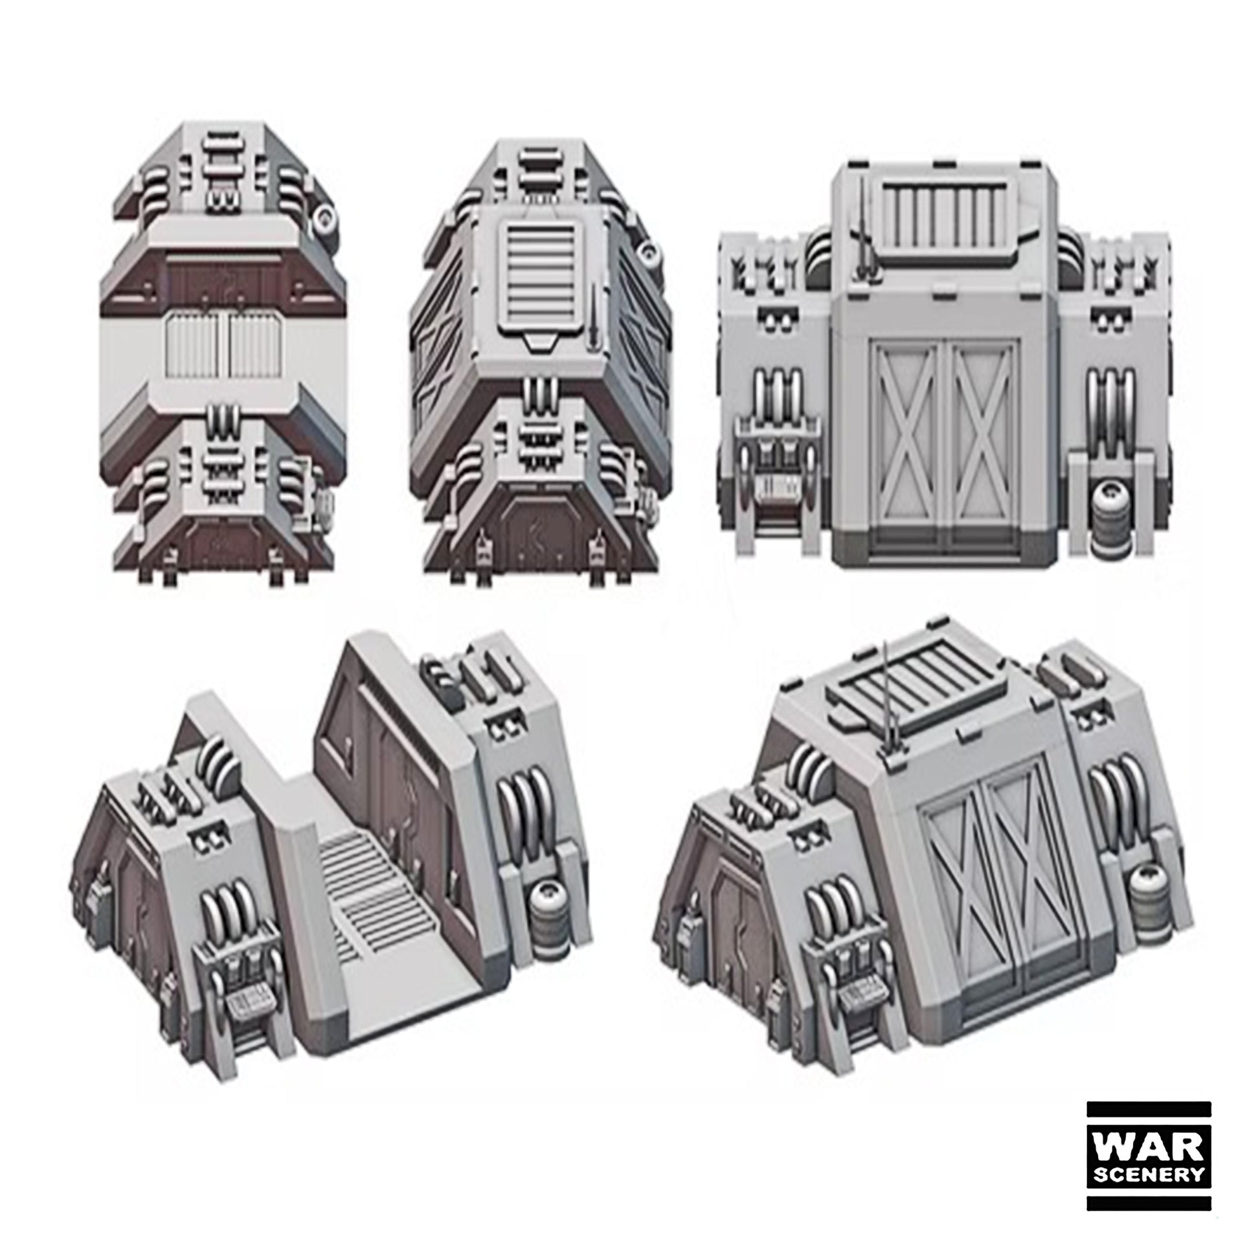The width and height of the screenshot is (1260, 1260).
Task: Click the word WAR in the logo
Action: (1149, 1147)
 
